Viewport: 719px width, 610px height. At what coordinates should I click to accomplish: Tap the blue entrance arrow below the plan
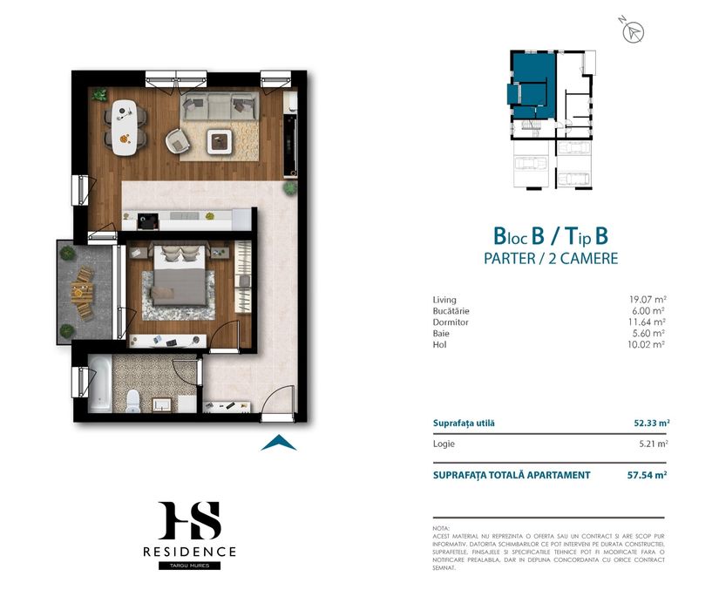tap(279, 443)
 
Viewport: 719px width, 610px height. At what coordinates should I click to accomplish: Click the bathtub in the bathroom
tap(100, 384)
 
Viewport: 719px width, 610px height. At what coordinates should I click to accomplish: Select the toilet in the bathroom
tap(133, 400)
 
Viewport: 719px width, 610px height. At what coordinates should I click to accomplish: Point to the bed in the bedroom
tap(179, 275)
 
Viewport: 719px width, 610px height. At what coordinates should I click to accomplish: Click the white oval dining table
tap(125, 127)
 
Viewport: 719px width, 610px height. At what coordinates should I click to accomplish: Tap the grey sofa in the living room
tap(219, 107)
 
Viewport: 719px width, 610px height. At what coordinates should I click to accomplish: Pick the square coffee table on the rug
tap(219, 141)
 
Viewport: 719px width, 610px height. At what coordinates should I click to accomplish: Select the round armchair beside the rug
tap(178, 140)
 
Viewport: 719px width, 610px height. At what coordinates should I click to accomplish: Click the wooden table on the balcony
tap(82, 294)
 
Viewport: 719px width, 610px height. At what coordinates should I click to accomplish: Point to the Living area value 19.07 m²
tap(647, 300)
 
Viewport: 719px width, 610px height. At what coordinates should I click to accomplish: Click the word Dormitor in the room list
tap(451, 322)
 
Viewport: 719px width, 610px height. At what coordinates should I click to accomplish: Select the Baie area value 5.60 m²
tap(647, 333)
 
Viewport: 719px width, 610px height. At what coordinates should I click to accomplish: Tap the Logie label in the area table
tap(444, 444)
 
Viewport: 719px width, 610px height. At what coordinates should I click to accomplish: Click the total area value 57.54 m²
tap(647, 475)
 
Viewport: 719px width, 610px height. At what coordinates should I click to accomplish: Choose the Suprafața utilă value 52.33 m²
tap(651, 423)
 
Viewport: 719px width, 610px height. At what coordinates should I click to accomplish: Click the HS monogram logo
tap(189, 520)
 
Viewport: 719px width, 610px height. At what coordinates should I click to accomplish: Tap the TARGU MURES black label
tap(189, 566)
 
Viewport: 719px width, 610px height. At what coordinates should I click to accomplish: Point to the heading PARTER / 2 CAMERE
tap(551, 259)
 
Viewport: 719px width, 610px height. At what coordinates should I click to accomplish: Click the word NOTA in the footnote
tap(441, 528)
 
